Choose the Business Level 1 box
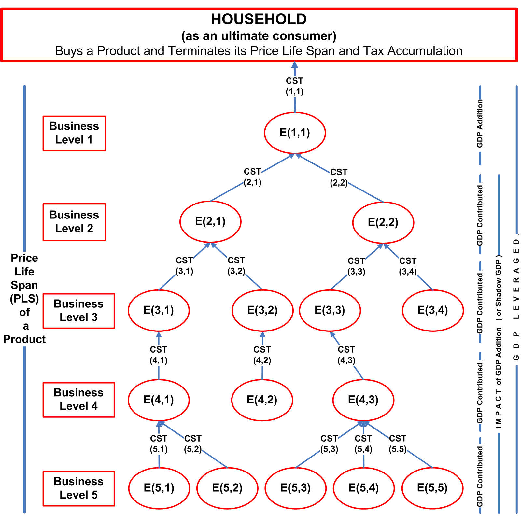tap(74, 133)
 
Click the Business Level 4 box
tap(78, 400)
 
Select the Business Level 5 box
tap(78, 488)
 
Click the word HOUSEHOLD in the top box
tap(259, 20)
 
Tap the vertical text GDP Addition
tap(480, 123)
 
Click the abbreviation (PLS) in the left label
tap(24, 299)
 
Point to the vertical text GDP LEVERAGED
tap(516, 300)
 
